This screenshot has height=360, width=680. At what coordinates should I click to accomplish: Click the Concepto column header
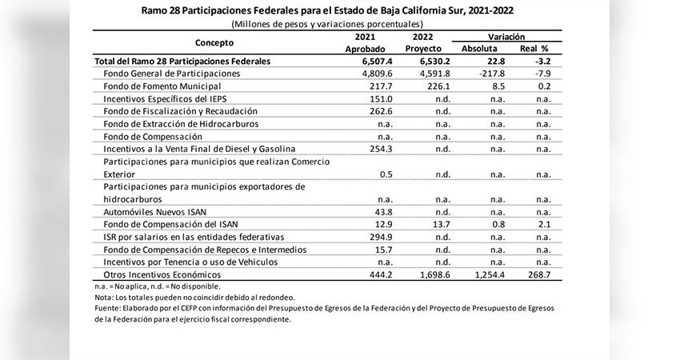click(x=214, y=42)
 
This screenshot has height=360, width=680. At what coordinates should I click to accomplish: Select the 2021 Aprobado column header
click(x=365, y=42)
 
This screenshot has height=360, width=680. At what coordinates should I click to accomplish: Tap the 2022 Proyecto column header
click(x=423, y=42)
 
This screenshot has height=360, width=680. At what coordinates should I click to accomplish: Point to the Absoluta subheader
click(x=479, y=49)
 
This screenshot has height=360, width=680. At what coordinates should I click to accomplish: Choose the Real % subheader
click(x=534, y=49)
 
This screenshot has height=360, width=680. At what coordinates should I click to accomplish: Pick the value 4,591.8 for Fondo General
click(x=435, y=74)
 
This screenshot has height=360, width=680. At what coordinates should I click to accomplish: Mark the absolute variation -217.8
click(x=492, y=74)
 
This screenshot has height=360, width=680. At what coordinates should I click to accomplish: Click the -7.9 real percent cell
click(x=543, y=74)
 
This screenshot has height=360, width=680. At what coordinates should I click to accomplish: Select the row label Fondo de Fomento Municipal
click(x=162, y=86)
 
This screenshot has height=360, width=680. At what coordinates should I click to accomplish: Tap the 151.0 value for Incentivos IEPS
click(x=381, y=99)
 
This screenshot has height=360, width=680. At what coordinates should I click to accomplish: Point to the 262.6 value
click(x=381, y=111)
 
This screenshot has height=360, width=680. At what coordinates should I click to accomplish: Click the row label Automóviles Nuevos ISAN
click(x=155, y=212)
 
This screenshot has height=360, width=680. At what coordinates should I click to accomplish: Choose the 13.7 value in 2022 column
click(x=442, y=224)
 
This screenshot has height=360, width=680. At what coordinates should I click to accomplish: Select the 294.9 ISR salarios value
click(x=381, y=237)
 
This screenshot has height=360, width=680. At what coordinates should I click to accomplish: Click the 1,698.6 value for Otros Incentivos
click(x=435, y=274)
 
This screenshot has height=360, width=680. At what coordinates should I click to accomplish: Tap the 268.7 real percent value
click(x=539, y=274)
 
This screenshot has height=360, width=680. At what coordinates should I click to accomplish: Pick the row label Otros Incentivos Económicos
click(x=162, y=274)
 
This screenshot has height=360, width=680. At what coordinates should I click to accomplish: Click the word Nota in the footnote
click(x=103, y=298)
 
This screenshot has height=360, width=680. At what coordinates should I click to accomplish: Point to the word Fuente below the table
click(x=106, y=308)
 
